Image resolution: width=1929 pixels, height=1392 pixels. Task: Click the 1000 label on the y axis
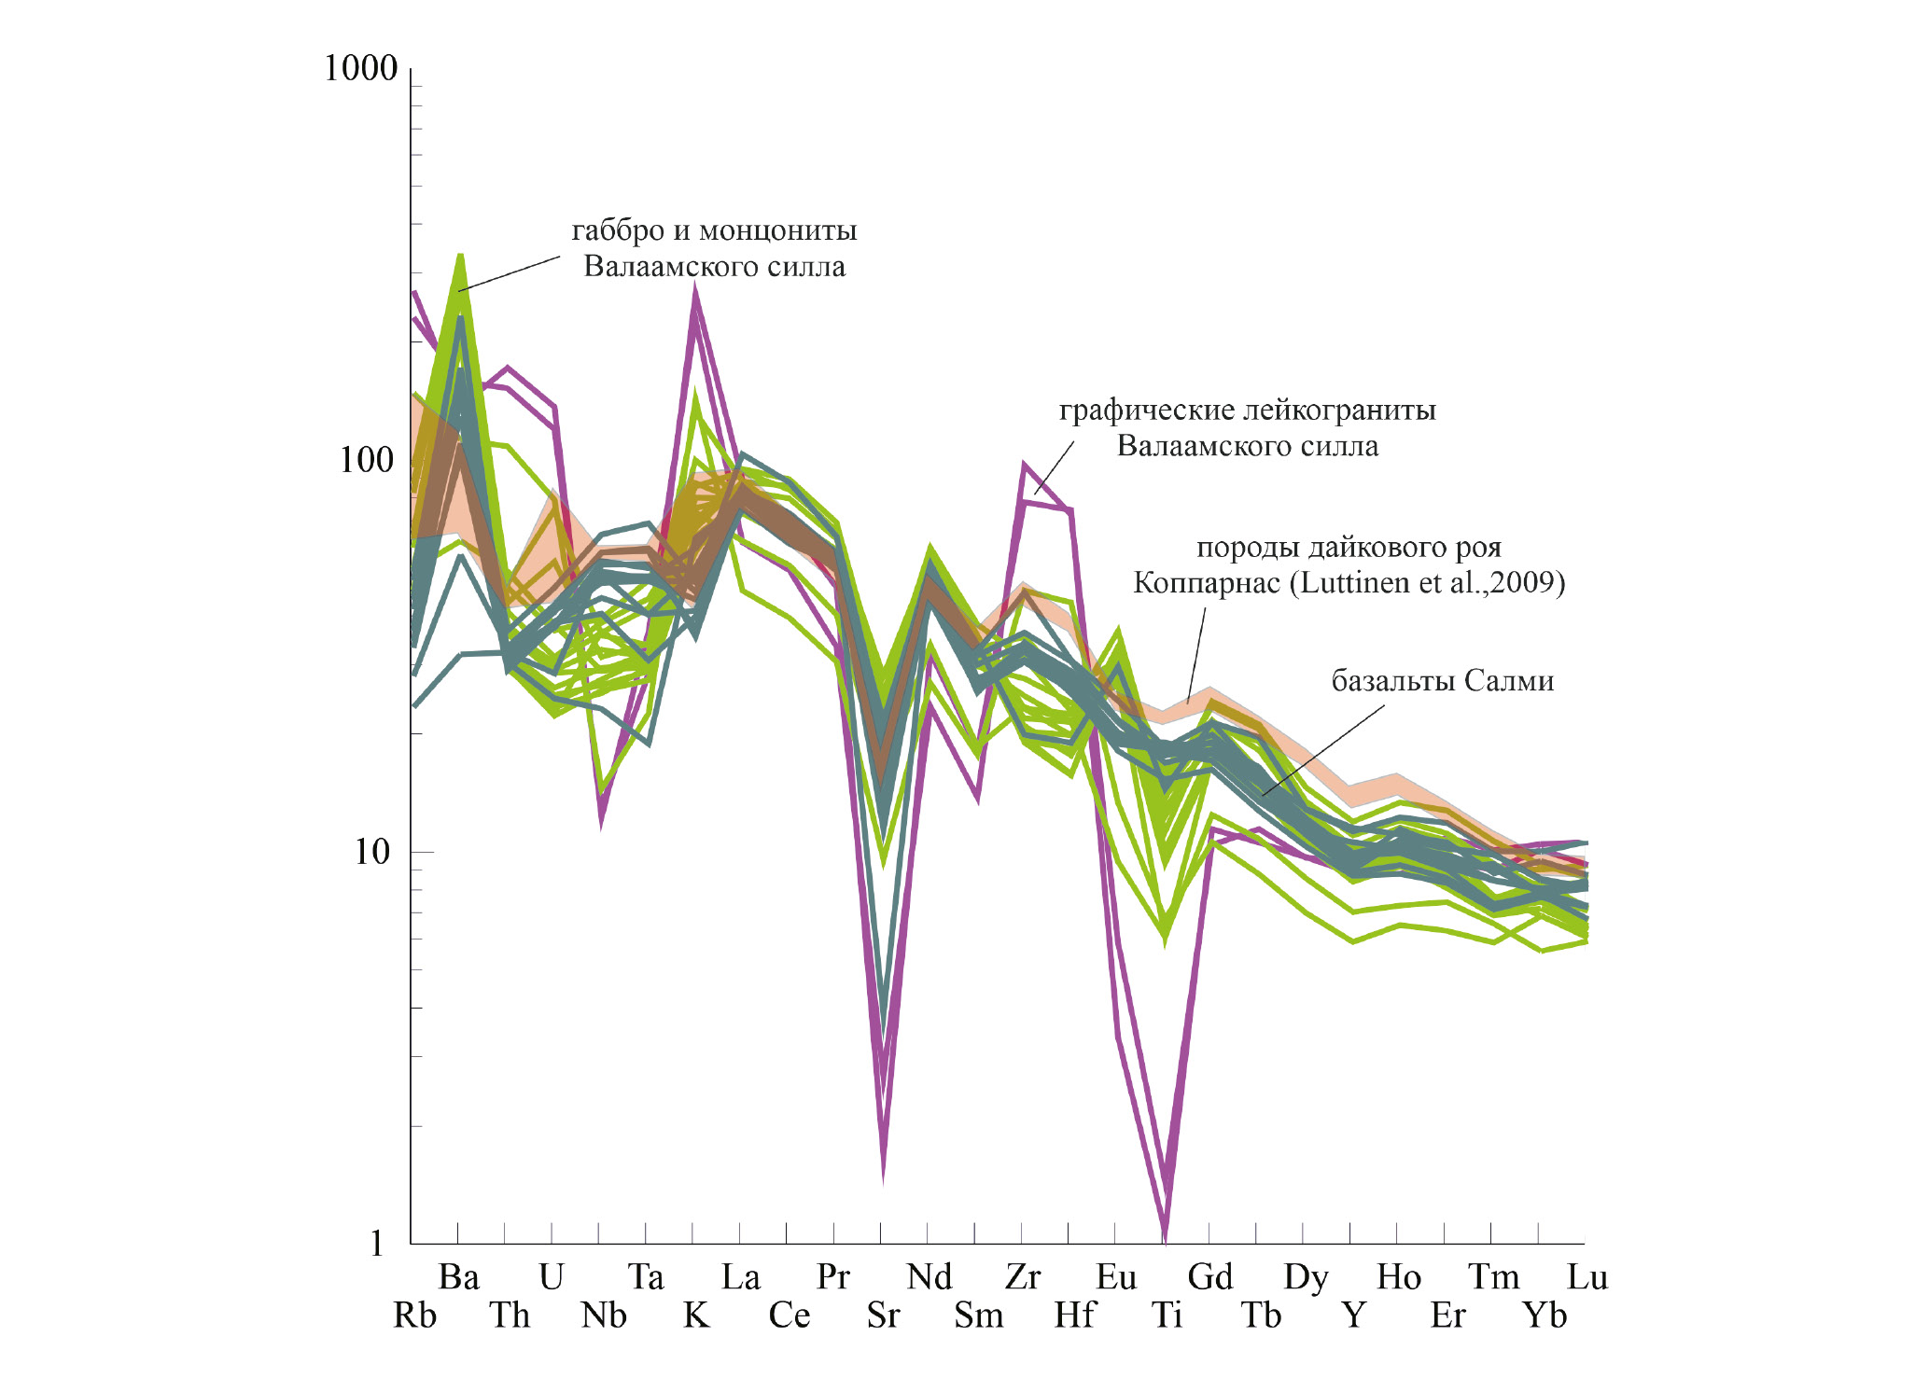click(x=360, y=69)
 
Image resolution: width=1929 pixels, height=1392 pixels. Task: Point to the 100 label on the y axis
click(x=368, y=460)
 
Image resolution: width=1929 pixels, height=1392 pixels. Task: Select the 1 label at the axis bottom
click(x=376, y=1244)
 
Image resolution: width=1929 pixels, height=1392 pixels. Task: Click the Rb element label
click(x=414, y=1315)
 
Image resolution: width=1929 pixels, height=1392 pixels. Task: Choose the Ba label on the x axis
click(x=459, y=1277)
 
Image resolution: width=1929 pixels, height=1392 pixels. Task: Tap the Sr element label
click(x=883, y=1315)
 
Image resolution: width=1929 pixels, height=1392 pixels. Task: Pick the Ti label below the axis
click(x=1167, y=1315)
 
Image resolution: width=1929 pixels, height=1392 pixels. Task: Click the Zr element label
click(x=1023, y=1277)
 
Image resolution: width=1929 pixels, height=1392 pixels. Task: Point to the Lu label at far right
click(x=1587, y=1277)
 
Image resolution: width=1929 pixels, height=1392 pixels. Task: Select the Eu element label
click(x=1117, y=1277)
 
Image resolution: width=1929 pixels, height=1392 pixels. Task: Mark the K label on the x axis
click(x=696, y=1315)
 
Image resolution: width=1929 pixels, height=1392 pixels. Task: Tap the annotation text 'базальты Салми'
click(x=1442, y=681)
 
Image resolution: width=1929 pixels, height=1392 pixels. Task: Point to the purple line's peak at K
click(x=695, y=289)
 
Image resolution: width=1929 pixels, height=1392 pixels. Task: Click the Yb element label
click(x=1545, y=1315)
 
